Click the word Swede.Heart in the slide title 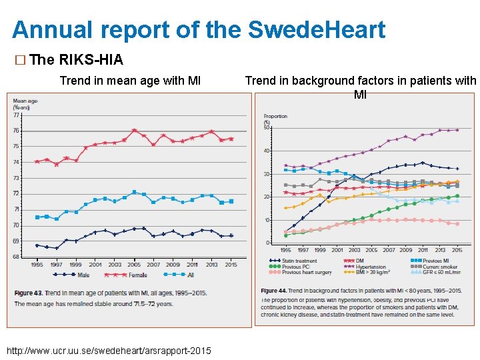tap(317, 29)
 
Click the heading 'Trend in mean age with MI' tap(131, 81)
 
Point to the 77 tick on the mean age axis tap(16, 115)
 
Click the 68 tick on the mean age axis tap(16, 257)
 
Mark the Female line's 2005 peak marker tap(135, 130)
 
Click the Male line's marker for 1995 tap(37, 245)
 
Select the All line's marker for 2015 tap(231, 201)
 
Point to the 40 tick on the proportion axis tap(267, 151)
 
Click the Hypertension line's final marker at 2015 tap(457, 130)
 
